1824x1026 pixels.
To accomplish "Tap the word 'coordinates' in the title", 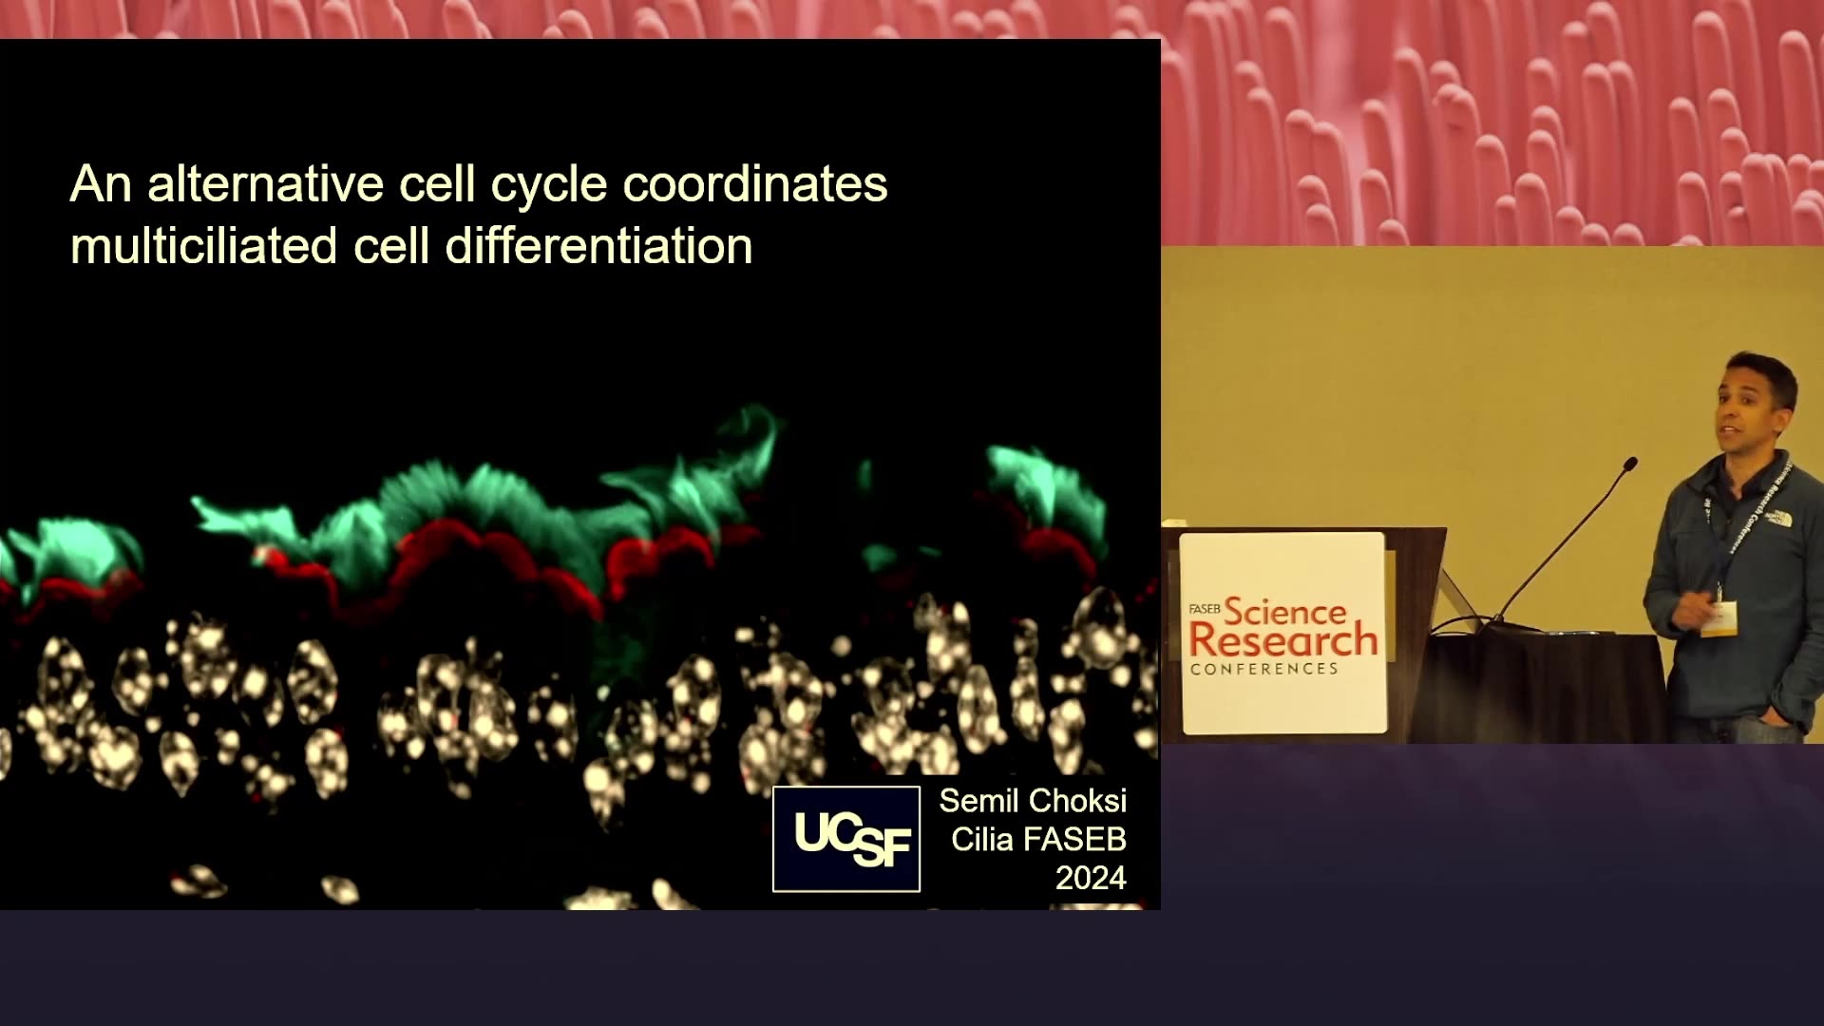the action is point(755,183).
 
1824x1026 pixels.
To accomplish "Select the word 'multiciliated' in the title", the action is point(204,245).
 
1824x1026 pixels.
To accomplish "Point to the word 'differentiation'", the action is point(599,245).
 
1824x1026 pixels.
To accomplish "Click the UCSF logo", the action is point(846,839).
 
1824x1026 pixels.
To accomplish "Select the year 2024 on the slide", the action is point(1091,878).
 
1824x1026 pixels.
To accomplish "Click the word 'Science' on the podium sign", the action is point(1285,611).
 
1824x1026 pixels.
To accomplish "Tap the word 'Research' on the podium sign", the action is point(1283,640).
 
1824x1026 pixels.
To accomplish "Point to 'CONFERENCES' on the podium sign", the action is point(1264,669).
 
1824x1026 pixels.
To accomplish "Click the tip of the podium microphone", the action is point(1631,464).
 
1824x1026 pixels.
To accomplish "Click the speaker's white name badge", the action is point(1719,618).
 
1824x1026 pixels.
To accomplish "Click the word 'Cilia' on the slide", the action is point(982,840).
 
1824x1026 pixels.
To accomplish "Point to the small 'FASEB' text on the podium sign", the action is point(1205,608).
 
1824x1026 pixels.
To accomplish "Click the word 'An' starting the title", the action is point(101,183).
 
